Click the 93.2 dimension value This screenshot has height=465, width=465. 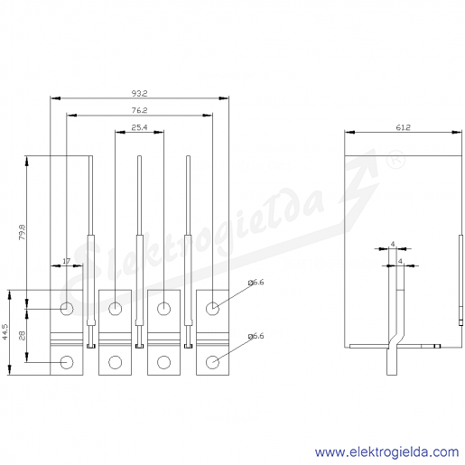click(139, 94)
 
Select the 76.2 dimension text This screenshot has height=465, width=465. click(139, 110)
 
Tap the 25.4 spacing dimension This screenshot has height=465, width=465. click(139, 127)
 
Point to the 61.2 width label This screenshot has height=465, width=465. click(403, 127)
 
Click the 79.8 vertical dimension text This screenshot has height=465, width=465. click(23, 232)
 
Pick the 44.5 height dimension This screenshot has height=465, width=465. click(5, 332)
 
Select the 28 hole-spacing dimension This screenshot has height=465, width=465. click(23, 335)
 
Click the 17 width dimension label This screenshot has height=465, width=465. click(67, 261)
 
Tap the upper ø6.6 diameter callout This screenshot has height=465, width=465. click(256, 283)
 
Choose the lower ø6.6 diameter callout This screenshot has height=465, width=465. click(256, 336)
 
